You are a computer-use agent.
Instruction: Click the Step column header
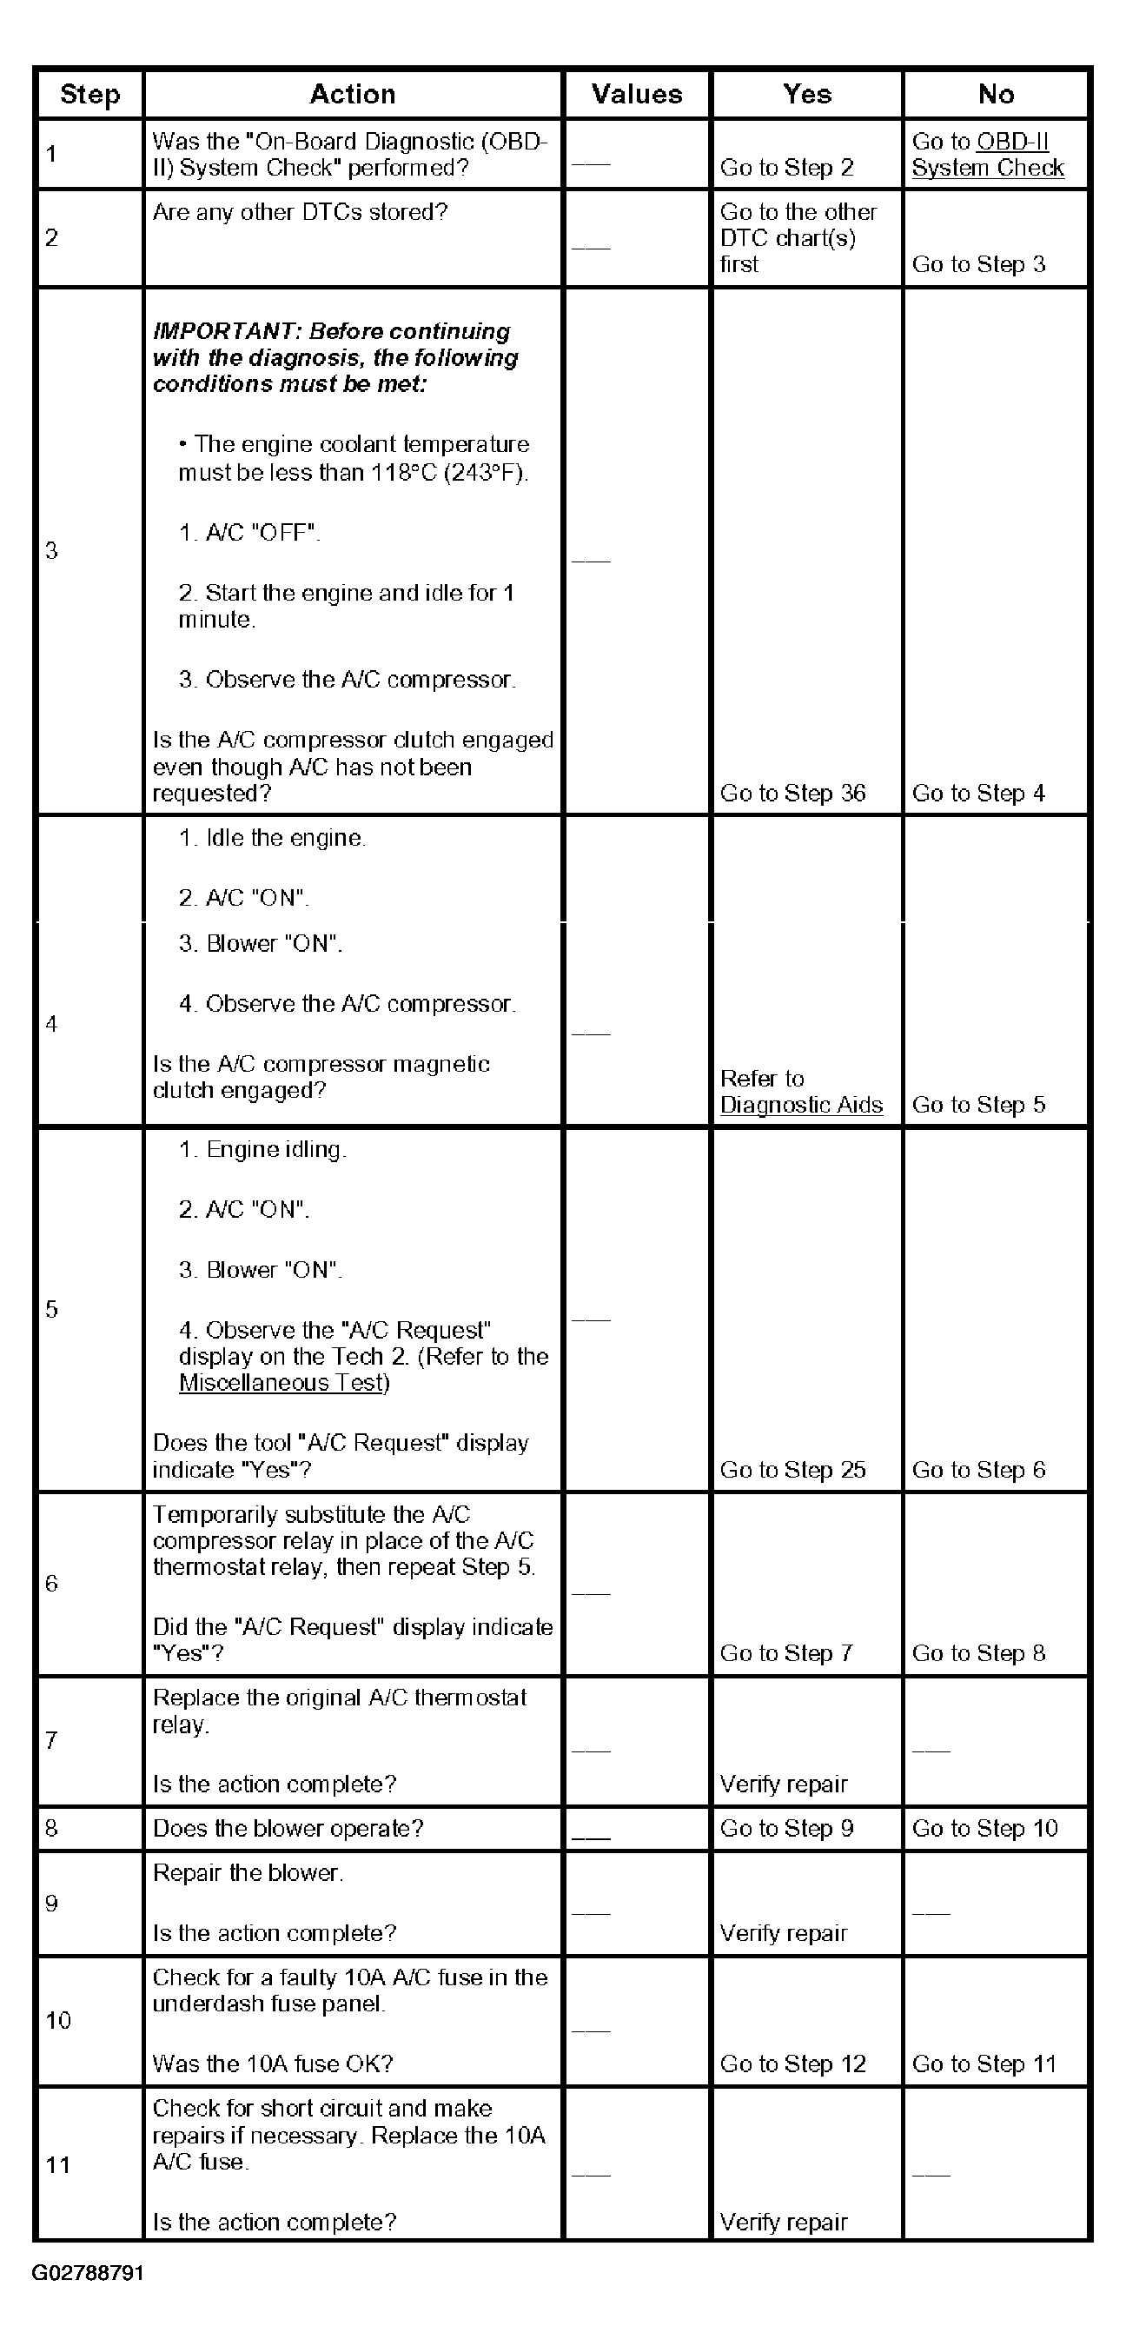(x=89, y=94)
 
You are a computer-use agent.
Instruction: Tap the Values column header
(x=636, y=94)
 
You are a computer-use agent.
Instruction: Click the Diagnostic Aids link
(x=801, y=1105)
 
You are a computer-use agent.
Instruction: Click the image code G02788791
(x=88, y=2273)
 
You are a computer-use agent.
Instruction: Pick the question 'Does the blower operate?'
(x=288, y=1828)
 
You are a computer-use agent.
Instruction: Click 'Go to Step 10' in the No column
(x=984, y=1828)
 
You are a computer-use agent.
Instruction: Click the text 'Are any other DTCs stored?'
(x=300, y=212)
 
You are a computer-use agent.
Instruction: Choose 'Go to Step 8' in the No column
(x=977, y=1653)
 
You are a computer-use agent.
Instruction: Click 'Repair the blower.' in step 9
(x=248, y=1872)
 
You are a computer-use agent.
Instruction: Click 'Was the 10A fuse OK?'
(x=272, y=2064)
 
